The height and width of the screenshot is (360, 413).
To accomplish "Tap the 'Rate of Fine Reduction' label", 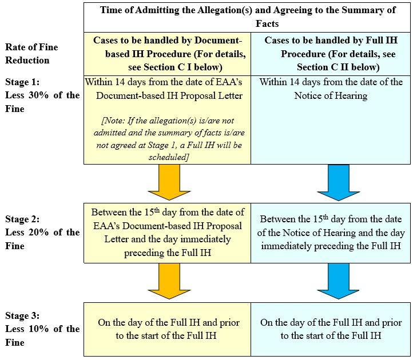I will click(31, 54).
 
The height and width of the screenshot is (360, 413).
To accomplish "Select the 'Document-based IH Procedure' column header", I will click(167, 54).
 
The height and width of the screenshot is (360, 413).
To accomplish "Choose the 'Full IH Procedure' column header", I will click(331, 54).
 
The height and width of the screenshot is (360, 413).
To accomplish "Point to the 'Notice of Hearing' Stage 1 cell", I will click(331, 89).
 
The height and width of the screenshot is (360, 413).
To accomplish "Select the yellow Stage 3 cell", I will click(167, 329).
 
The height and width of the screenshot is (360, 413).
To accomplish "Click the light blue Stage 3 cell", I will click(331, 329).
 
